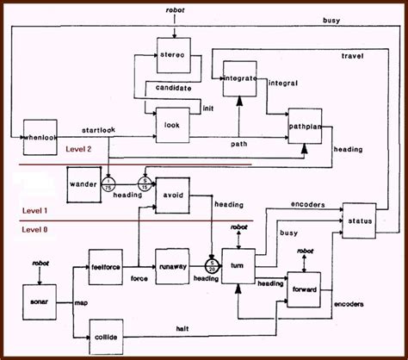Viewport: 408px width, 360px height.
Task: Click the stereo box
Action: (174, 54)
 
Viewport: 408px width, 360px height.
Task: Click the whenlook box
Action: (39, 134)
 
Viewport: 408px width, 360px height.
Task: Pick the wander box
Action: (84, 183)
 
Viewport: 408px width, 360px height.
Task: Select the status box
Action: (359, 221)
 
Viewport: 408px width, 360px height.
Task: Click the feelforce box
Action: (108, 267)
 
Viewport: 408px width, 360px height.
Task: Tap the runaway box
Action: (171, 266)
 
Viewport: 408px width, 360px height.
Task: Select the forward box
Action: (304, 287)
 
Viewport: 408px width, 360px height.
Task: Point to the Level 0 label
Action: (35, 229)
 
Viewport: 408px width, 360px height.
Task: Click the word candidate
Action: (173, 88)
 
